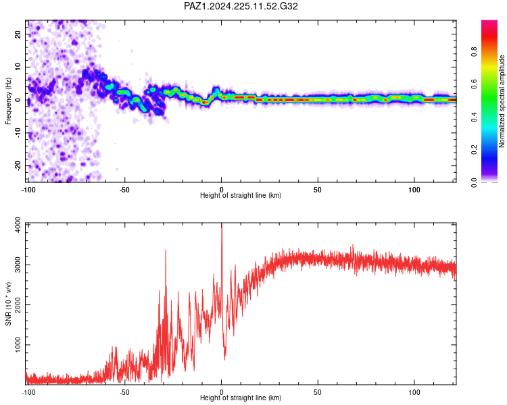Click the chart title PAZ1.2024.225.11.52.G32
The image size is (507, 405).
pos(241,6)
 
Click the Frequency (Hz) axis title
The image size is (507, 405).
pos(8,101)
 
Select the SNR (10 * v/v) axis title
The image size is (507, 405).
pos(8,304)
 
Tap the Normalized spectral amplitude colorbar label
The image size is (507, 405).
pos(502,101)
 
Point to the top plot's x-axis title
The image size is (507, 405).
pos(241,195)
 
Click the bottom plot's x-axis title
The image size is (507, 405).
pos(241,398)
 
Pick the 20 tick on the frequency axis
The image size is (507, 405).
pos(18,34)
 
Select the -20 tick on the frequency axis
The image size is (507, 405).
pos(18,166)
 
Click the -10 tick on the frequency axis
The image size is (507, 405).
pos(18,133)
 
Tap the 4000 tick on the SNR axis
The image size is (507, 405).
pos(18,225)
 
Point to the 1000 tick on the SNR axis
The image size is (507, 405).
pos(18,345)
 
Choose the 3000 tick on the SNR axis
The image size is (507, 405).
pos(18,265)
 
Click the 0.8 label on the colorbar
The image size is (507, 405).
pos(474,52)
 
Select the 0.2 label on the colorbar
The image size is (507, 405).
pos(474,150)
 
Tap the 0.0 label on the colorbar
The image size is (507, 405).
pos(474,182)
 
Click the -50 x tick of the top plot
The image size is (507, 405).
pos(124,190)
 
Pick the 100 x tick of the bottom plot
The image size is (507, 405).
pos(414,392)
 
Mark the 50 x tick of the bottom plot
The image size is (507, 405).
pos(318,392)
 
